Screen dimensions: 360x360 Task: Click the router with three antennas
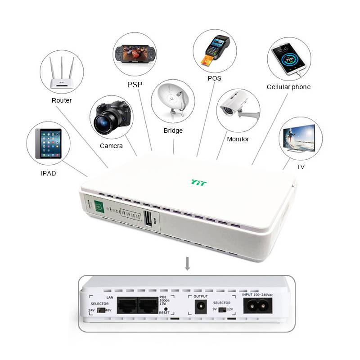click(62, 74)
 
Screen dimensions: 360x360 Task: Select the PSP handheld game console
click(135, 54)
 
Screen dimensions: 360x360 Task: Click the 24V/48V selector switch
click(106, 310)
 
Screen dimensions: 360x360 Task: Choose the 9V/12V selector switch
click(221, 310)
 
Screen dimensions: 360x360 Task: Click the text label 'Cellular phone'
click(288, 87)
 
